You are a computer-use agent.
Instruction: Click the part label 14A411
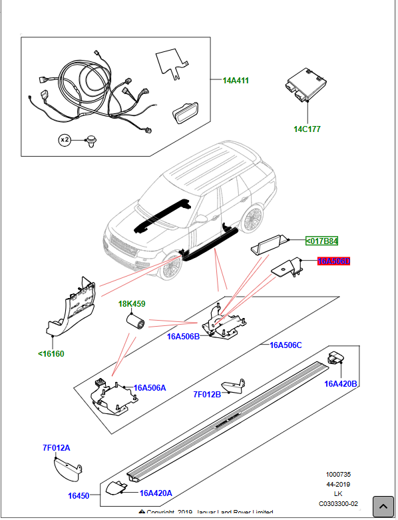[236, 81]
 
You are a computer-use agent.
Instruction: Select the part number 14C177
[307, 129]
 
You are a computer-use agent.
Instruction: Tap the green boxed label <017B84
[322, 241]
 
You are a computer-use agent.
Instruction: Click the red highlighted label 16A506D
[333, 262]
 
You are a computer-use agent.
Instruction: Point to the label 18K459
[132, 304]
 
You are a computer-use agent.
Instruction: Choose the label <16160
[51, 353]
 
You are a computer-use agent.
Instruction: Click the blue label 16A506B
[183, 337]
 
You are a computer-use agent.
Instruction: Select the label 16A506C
[286, 345]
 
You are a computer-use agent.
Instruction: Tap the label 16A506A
[150, 387]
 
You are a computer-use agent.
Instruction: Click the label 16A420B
[341, 383]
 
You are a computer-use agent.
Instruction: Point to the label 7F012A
[56, 448]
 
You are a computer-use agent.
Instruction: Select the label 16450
[78, 496]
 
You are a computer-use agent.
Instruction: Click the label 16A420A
[156, 493]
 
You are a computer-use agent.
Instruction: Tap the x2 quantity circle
[65, 140]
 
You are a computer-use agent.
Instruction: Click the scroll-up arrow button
[383, 506]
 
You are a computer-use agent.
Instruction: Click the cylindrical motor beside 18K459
[136, 324]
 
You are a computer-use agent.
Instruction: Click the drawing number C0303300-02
[338, 503]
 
